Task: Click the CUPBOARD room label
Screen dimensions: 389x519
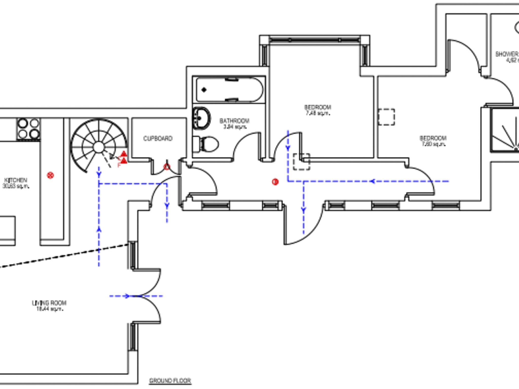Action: tap(158, 139)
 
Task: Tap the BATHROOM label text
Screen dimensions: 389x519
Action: tap(234, 121)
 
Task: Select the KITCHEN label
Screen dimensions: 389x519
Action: tap(16, 180)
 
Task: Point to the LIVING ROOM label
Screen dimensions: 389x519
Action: tap(49, 303)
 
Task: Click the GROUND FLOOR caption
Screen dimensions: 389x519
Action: tap(170, 381)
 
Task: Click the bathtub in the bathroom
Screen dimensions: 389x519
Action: tap(229, 90)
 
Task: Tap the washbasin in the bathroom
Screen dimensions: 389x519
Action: tap(201, 118)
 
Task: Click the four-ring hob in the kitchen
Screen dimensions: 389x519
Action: tap(28, 129)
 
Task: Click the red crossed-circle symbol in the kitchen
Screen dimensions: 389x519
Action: tap(51, 175)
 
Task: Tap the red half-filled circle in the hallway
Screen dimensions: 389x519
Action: tap(275, 182)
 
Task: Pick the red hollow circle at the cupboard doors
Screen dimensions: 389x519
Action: tap(167, 167)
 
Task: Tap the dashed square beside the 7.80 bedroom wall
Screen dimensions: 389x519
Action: tap(386, 117)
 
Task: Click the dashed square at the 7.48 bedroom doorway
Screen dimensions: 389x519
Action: tap(302, 162)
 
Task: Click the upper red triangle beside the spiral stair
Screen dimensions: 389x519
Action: tap(124, 154)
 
